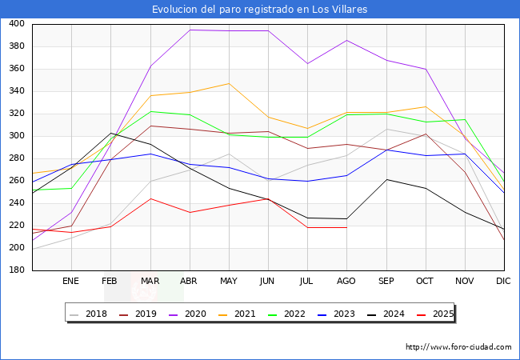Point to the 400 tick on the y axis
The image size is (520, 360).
pyautogui.click(x=16, y=24)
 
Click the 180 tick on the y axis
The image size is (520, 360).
pyautogui.click(x=16, y=270)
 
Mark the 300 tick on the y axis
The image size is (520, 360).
pyautogui.click(x=16, y=136)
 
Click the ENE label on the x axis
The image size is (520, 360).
pyautogui.click(x=70, y=281)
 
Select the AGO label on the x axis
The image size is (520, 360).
pyautogui.click(x=346, y=281)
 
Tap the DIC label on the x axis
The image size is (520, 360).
pyautogui.click(x=503, y=281)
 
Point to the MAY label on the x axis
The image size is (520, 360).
pyautogui.click(x=228, y=281)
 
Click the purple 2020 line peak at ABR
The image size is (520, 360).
pyautogui.click(x=189, y=30)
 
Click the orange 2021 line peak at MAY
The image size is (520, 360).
pyautogui.click(x=228, y=83)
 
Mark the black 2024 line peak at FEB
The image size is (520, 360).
pyautogui.click(x=110, y=133)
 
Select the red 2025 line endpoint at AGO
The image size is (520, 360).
pyautogui.click(x=346, y=227)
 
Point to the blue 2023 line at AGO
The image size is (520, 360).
pyautogui.click(x=346, y=175)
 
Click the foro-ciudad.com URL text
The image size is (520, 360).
pyautogui.click(x=458, y=347)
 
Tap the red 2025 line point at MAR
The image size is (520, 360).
pyautogui.click(x=150, y=198)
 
